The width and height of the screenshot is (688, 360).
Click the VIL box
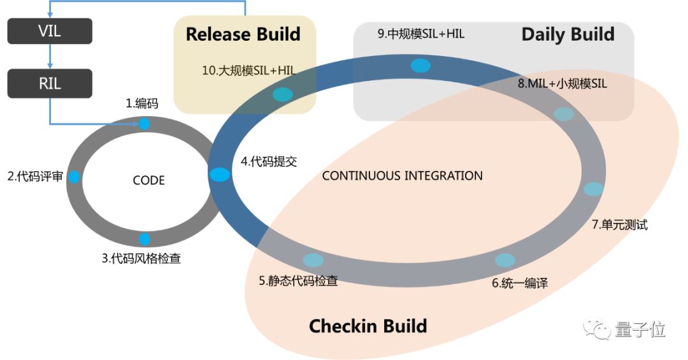tap(50, 31)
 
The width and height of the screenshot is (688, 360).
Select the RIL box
tap(50, 83)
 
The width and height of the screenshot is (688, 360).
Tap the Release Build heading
tap(243, 34)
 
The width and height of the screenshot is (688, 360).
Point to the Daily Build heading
tap(568, 34)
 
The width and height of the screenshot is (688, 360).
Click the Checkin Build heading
tap(368, 326)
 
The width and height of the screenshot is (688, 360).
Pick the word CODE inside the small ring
tap(148, 180)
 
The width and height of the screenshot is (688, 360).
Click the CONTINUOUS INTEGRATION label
tap(402, 175)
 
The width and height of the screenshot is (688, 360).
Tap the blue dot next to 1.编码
tap(145, 124)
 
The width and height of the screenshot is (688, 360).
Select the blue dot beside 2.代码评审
tap(74, 177)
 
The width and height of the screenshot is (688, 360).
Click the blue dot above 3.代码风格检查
tap(145, 240)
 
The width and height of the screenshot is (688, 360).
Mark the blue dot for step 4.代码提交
tap(219, 175)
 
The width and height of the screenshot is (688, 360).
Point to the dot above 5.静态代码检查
tap(313, 260)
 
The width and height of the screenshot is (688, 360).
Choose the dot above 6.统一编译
tap(505, 260)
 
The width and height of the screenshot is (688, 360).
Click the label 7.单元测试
tap(619, 224)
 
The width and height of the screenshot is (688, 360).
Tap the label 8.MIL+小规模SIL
tap(566, 84)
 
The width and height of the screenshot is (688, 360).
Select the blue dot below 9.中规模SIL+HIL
tap(420, 65)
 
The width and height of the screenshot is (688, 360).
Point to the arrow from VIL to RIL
tap(50, 57)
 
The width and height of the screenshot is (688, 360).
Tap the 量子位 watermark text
tap(640, 329)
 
